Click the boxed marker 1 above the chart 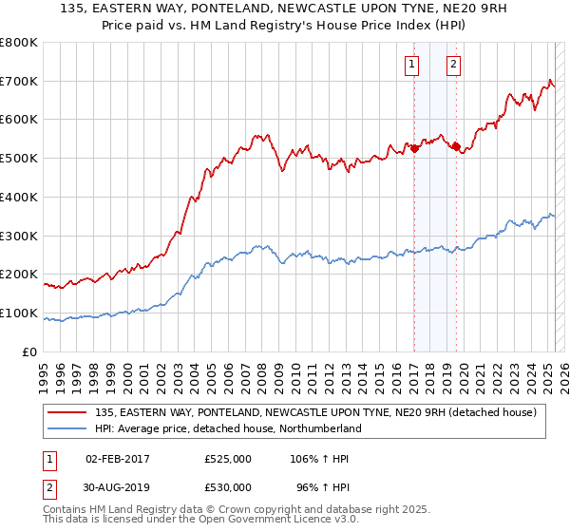pos(412,65)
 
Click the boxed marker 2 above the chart pos(454,65)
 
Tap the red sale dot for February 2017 pos(414,148)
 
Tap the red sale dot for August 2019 pos(457,146)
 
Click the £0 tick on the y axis pos(29,351)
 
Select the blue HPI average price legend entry pos(228,428)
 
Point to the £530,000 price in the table pos(228,487)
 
